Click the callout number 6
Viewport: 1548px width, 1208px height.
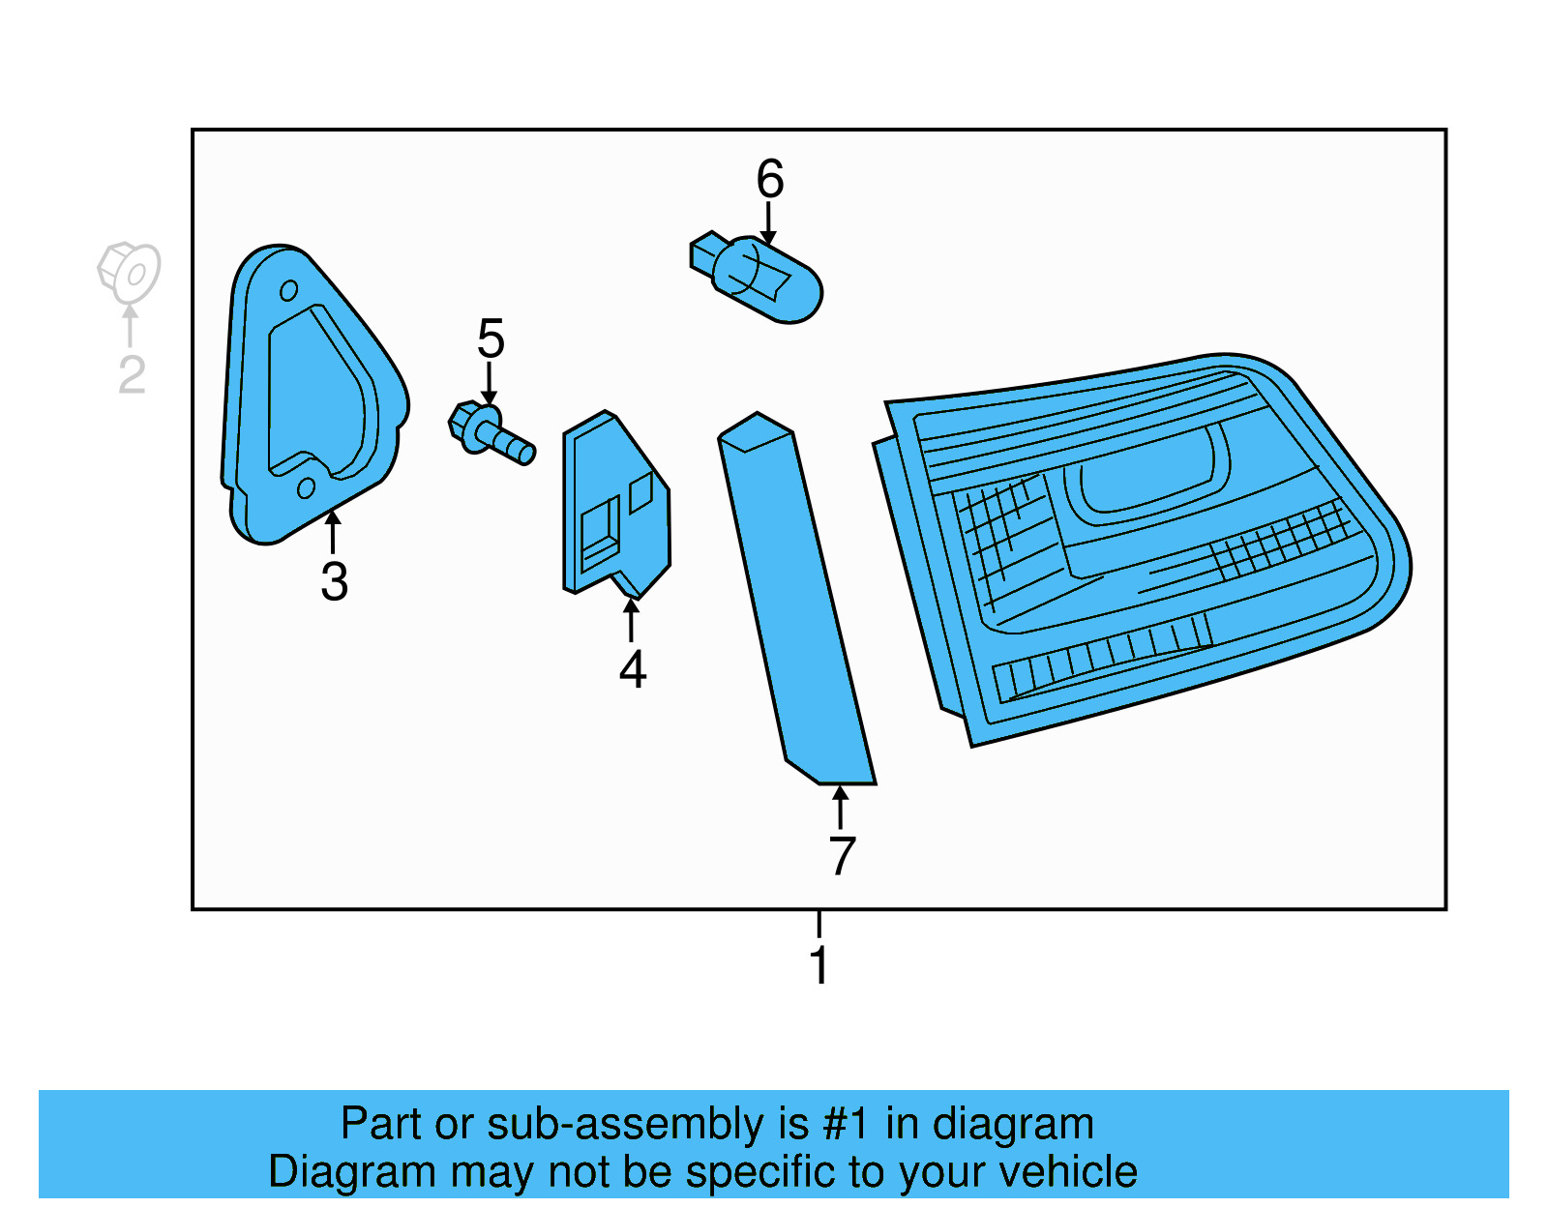(769, 179)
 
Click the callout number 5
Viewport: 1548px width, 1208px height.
(491, 339)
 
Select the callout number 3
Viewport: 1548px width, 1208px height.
(334, 581)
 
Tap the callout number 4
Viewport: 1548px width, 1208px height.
(632, 669)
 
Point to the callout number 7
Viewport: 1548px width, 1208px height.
(842, 856)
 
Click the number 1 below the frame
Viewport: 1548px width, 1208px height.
(819, 965)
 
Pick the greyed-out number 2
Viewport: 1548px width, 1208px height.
(132, 375)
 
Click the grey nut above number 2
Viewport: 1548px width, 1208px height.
(129, 271)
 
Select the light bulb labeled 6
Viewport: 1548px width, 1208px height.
(769, 279)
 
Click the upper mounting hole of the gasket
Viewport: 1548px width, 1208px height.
(288, 290)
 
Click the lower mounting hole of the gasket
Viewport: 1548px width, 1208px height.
(306, 488)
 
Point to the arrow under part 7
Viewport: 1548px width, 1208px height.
(841, 806)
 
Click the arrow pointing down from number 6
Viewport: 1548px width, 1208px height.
(768, 222)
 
